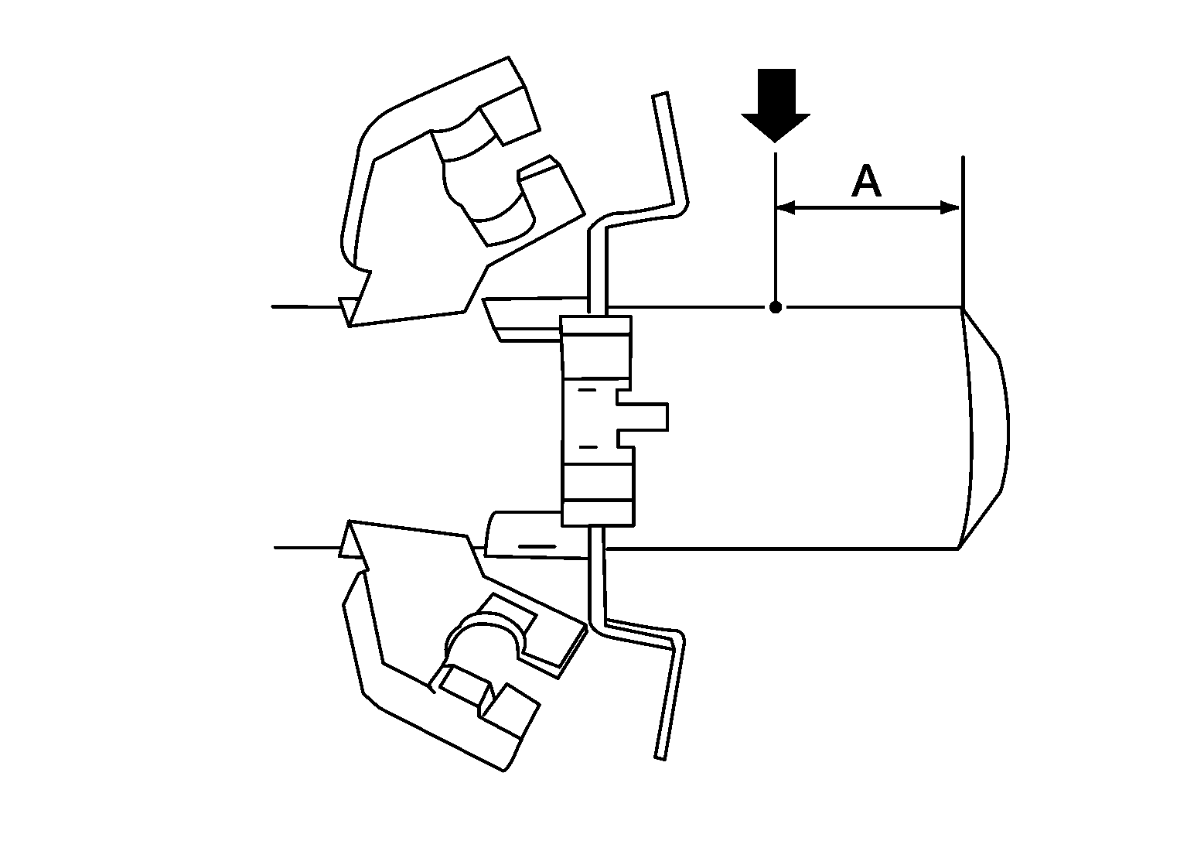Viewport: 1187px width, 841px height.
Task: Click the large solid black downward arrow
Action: (x=776, y=105)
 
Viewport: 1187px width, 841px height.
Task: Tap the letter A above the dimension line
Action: (x=866, y=181)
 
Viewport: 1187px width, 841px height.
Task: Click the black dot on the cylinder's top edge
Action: (x=776, y=307)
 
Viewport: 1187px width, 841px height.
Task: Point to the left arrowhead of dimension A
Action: (x=786, y=208)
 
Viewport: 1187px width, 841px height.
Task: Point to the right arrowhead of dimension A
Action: (x=950, y=208)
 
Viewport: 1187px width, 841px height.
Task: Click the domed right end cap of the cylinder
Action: (x=987, y=427)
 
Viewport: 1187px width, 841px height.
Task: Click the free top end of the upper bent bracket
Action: (x=660, y=95)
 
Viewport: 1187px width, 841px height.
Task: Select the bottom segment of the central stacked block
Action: (x=598, y=513)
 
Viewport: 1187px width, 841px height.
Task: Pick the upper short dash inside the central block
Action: (x=587, y=390)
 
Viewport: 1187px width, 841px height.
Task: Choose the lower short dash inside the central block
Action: (x=588, y=447)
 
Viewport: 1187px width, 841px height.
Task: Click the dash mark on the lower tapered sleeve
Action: (x=537, y=546)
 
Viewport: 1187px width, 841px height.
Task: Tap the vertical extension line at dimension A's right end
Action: (x=962, y=231)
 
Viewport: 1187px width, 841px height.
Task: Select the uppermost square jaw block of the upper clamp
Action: (x=510, y=117)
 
